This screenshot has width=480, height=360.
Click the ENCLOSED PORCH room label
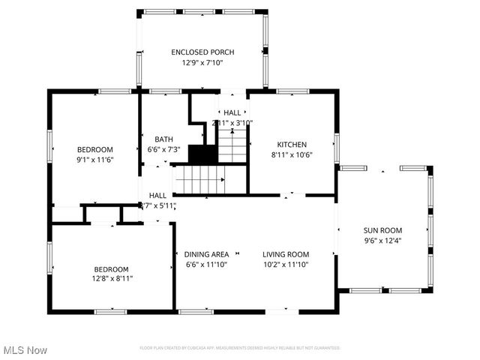click(x=202, y=52)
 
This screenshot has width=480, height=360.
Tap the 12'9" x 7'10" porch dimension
click(x=202, y=62)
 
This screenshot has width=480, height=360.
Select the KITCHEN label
click(x=292, y=144)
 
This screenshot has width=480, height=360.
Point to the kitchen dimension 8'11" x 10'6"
click(x=292, y=155)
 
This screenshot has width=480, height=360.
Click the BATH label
click(x=163, y=139)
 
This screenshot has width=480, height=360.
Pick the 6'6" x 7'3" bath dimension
click(x=163, y=149)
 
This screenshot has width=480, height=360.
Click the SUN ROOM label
click(x=382, y=230)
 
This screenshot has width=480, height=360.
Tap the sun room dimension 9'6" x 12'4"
click(x=382, y=241)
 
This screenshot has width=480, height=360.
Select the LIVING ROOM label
click(x=286, y=254)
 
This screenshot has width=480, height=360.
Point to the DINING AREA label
click(x=206, y=254)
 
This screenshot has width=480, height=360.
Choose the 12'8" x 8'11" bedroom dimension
click(x=112, y=279)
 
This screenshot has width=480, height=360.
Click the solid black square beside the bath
click(x=202, y=154)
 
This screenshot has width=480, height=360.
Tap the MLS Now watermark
click(x=25, y=350)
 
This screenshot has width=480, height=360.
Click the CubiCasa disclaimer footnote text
click(x=240, y=348)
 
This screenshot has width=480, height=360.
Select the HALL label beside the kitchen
click(x=232, y=112)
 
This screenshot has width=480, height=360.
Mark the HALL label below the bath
click(x=157, y=195)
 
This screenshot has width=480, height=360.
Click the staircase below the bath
click(x=199, y=180)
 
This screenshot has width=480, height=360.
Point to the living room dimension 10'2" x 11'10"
click(x=286, y=264)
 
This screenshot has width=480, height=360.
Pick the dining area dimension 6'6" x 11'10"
click(x=206, y=264)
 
